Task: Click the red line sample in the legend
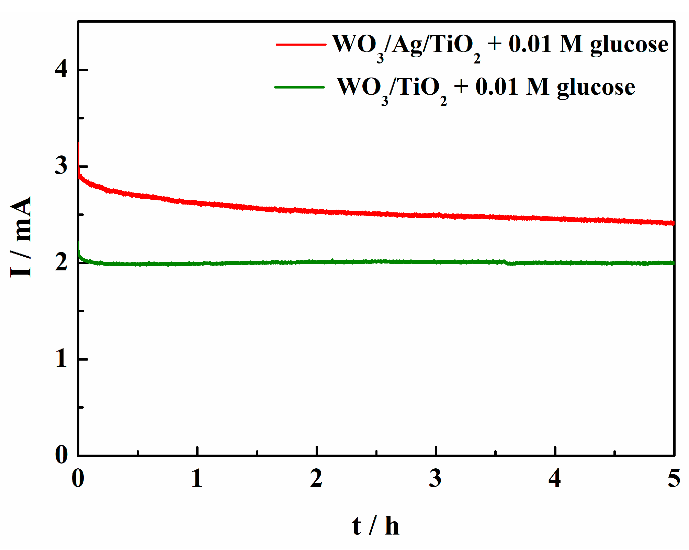pos(301,44)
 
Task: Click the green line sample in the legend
pos(300,87)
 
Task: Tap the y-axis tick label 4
pos(61,70)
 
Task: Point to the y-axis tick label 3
pos(61,166)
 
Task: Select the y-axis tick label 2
pos(61,262)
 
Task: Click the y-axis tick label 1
pos(61,359)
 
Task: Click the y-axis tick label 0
pos(61,455)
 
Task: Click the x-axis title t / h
pos(375,526)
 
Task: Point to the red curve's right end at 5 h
pos(673,223)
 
